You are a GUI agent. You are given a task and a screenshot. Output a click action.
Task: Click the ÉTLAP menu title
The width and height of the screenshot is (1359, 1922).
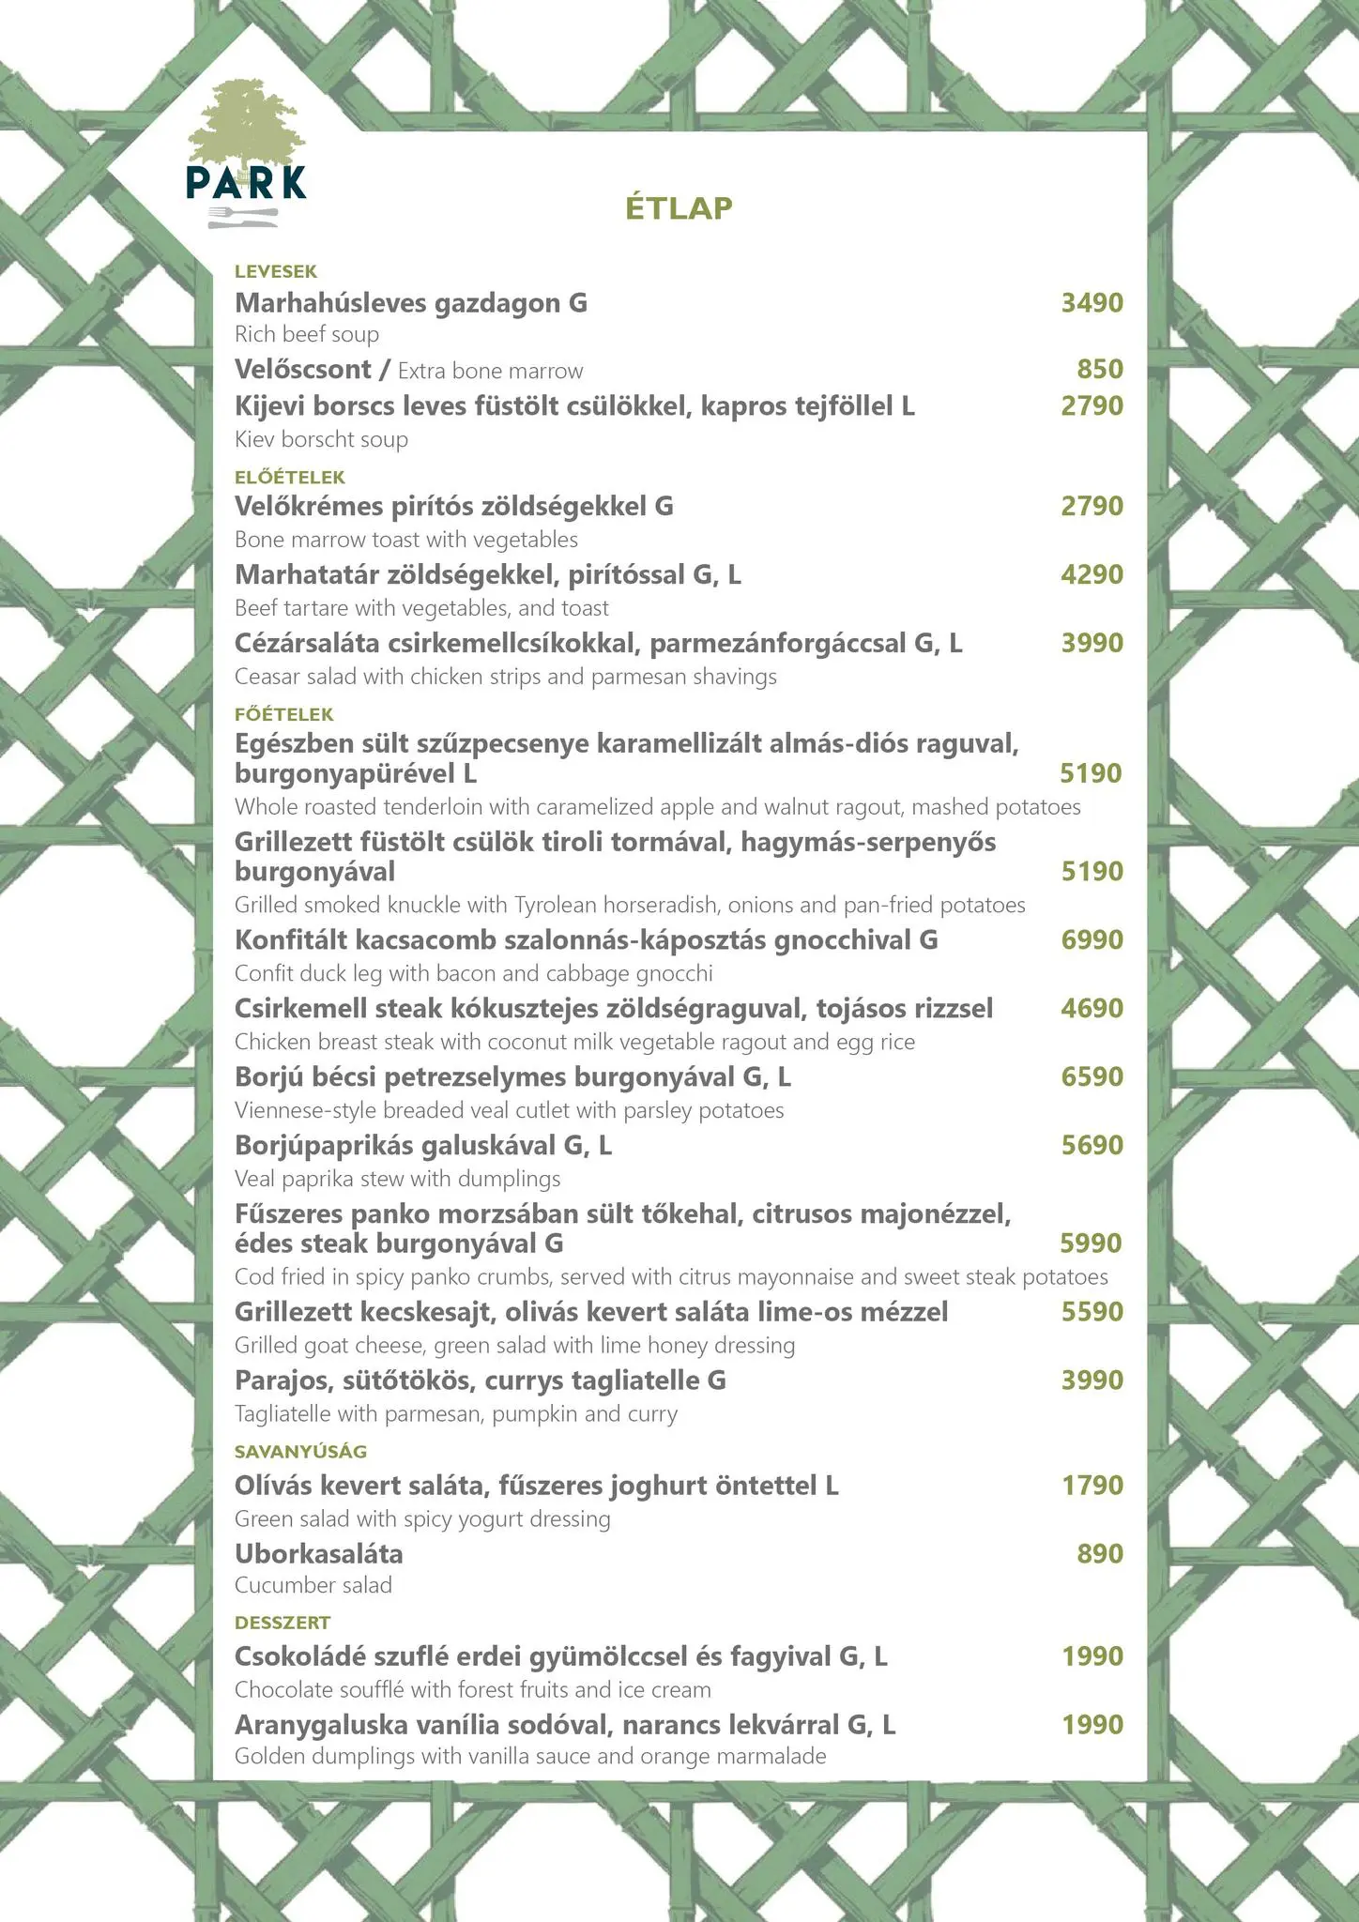point(679,207)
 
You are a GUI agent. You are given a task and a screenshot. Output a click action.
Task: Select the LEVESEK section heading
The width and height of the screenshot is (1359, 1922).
point(276,272)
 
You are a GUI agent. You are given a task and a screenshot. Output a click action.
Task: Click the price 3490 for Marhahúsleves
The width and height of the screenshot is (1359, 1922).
point(1092,303)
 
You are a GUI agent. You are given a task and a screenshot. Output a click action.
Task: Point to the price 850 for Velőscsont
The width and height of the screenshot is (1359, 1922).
point(1100,369)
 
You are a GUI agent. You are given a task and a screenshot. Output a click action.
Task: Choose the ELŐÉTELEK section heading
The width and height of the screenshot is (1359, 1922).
point(290,477)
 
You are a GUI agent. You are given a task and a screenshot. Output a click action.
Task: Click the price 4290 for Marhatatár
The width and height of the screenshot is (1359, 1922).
point(1092,574)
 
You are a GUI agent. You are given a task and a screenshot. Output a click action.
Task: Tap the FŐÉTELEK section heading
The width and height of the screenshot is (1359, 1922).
point(283,714)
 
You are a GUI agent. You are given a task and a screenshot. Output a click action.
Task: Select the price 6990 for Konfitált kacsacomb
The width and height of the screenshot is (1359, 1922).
point(1092,939)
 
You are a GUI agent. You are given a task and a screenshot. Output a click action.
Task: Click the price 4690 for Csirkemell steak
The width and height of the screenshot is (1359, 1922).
point(1092,1008)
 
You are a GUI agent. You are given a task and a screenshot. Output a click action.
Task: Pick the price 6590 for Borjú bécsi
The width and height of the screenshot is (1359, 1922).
point(1092,1076)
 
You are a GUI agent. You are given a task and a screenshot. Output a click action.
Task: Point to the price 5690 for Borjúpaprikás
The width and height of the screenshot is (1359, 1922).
point(1092,1145)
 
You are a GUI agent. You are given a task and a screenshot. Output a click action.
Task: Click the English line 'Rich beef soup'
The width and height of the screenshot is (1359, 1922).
point(307,335)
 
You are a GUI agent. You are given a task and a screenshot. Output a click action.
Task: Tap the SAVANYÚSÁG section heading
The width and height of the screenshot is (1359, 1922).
point(300,1452)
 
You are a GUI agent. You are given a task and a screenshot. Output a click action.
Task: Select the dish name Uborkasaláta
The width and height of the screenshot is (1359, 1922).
point(319,1554)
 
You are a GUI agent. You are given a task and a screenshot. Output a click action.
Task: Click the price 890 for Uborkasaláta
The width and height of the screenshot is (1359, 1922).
point(1100,1554)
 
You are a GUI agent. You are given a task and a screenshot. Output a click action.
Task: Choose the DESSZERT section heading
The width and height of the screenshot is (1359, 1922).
point(282,1623)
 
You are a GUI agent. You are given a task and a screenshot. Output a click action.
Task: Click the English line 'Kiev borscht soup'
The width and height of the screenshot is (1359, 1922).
point(321,439)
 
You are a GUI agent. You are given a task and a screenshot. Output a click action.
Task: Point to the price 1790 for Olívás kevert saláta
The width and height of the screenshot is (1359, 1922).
point(1092,1486)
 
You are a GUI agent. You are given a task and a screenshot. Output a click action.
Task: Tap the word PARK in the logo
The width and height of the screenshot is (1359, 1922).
point(246,183)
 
